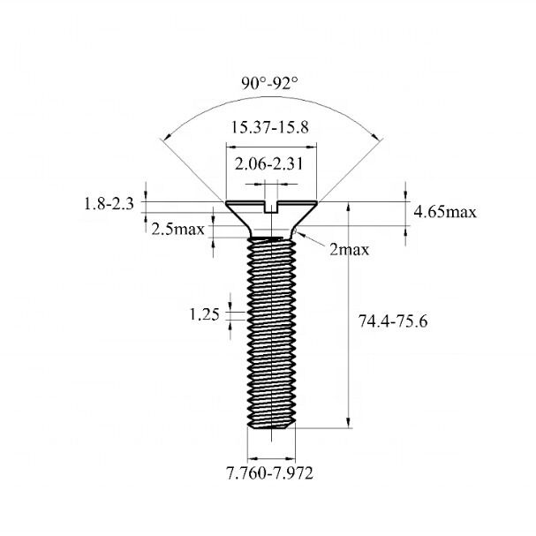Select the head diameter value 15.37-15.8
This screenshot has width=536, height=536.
click(269, 127)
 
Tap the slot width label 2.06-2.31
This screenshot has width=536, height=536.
click(270, 165)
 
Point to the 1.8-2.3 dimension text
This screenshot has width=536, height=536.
click(109, 204)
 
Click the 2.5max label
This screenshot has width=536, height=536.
click(178, 229)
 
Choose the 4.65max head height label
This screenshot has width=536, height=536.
click(446, 212)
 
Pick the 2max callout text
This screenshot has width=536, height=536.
click(349, 250)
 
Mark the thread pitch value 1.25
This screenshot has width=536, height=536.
click(204, 313)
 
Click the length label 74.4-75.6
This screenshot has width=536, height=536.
click(393, 322)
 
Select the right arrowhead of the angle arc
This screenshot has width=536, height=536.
click(377, 137)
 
